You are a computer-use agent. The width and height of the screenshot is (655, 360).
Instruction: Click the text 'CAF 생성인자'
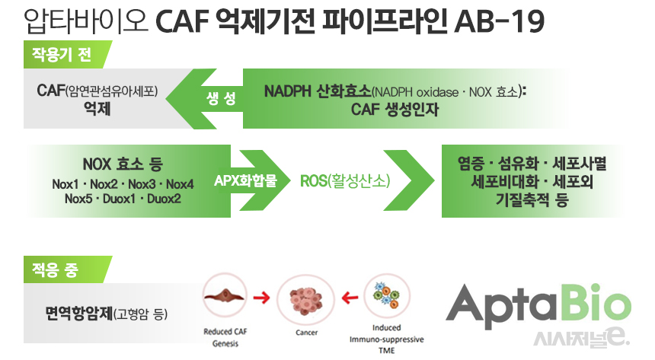click(395, 109)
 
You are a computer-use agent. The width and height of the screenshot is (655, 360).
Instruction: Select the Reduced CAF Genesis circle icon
click(225, 298)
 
